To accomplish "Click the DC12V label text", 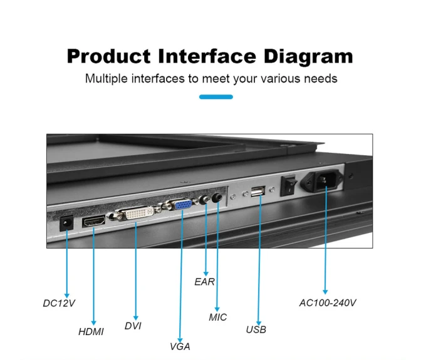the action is (59, 303).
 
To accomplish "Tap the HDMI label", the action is (91, 332).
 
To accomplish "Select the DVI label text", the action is (133, 326).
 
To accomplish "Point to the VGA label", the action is (180, 346).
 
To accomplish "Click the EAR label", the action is (205, 282).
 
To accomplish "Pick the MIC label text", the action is (218, 317).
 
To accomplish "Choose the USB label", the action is (256, 329).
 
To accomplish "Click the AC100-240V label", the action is (328, 303).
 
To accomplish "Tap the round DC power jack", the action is (66, 223).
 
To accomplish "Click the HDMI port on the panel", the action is (93, 221).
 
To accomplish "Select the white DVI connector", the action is (140, 213).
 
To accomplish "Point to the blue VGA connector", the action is (183, 205).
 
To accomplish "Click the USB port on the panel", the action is (258, 192).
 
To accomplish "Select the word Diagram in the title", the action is (308, 57).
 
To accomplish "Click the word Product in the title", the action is (109, 56).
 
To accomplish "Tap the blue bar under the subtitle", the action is (216, 97).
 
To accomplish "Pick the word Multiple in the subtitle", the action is (107, 79).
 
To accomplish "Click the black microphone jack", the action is (217, 198).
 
